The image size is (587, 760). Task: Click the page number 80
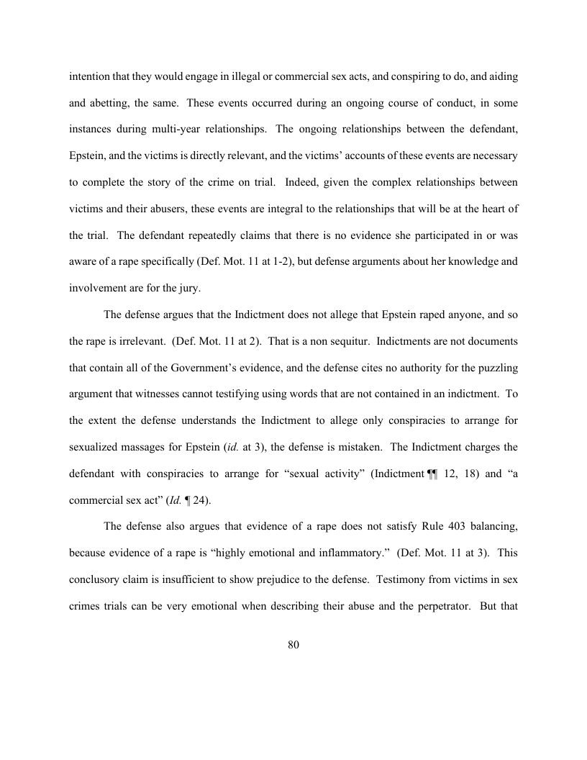[293, 645]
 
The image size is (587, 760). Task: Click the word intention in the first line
[89, 76]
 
